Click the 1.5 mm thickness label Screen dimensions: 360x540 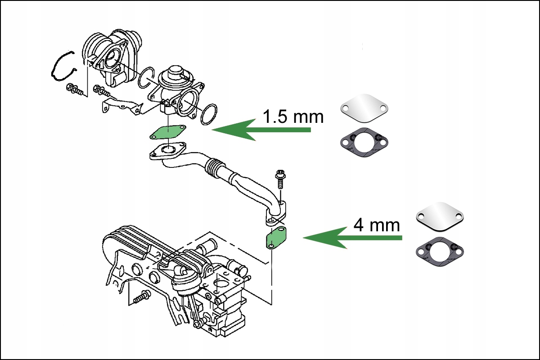(x=293, y=117)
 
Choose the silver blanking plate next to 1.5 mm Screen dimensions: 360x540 (x=364, y=108)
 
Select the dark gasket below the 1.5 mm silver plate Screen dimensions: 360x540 (x=364, y=141)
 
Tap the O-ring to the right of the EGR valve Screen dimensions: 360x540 (x=208, y=114)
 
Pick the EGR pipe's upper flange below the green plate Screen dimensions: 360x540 (x=168, y=151)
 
